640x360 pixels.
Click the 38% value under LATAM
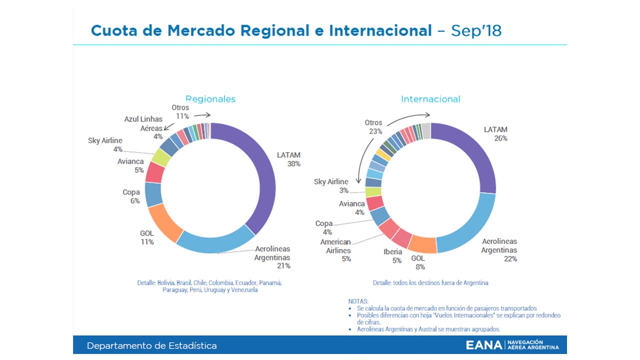293,163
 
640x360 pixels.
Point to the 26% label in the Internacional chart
500,138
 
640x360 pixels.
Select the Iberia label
393,251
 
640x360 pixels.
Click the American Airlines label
335,246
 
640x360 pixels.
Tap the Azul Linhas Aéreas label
143,123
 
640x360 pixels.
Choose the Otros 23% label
373,127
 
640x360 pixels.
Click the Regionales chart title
210,99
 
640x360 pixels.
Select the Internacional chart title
430,99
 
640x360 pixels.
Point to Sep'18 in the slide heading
476,30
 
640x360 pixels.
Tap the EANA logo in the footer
512,345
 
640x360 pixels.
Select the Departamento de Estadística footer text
152,345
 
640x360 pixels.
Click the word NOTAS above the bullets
358,301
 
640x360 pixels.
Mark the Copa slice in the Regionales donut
153,194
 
